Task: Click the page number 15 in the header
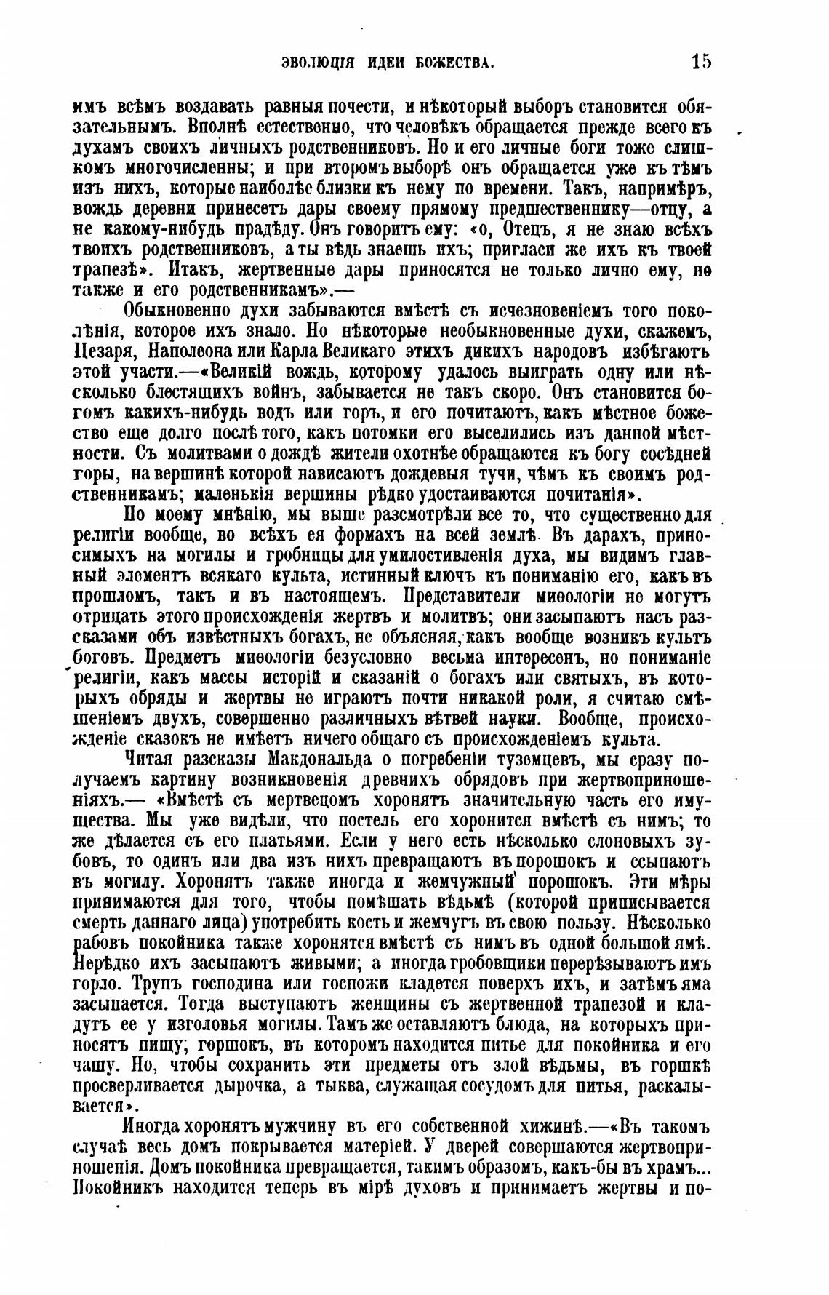[701, 62]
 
